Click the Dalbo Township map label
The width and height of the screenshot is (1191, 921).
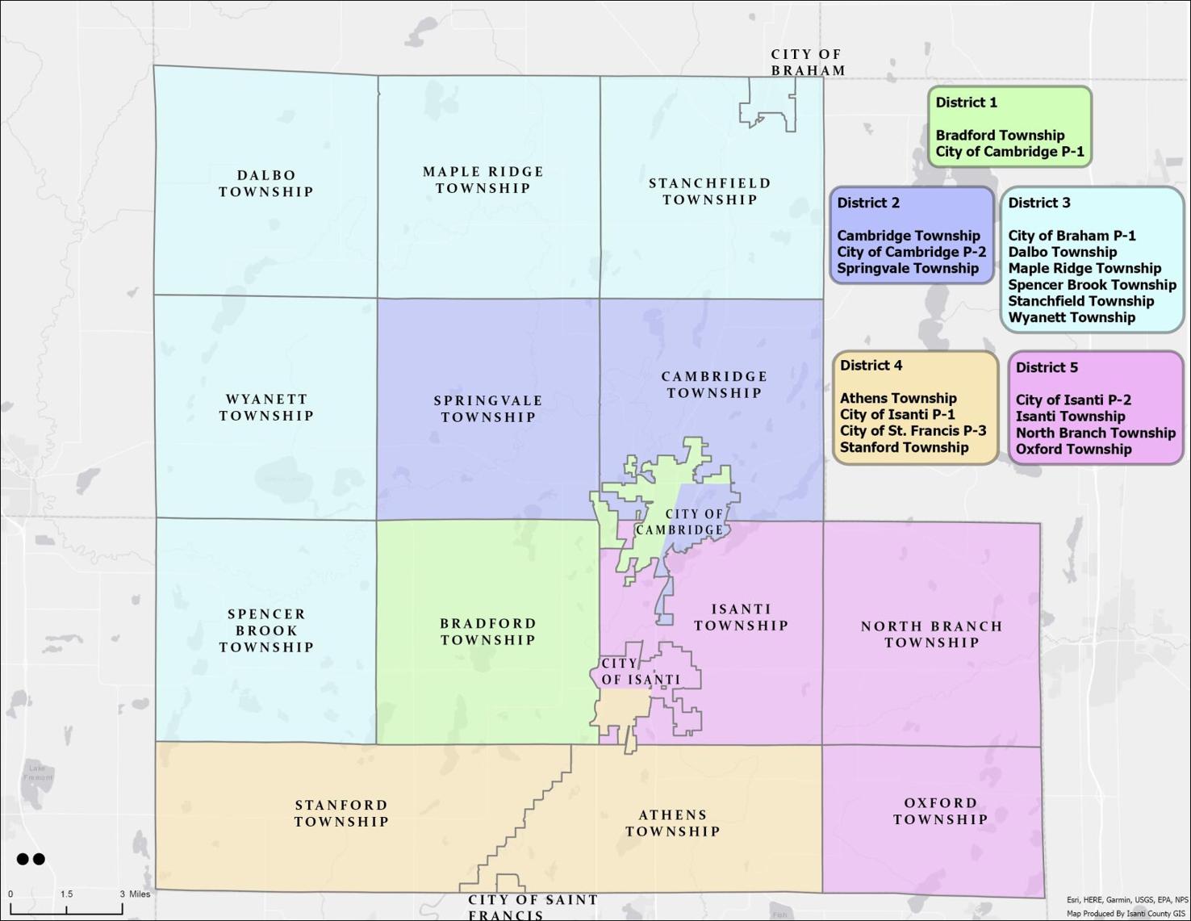click(x=266, y=183)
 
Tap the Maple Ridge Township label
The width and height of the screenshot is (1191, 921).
click(x=483, y=180)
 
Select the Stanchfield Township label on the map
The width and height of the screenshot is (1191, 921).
click(x=710, y=191)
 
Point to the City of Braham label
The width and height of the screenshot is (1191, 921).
click(x=807, y=62)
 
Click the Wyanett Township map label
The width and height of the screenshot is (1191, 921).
click(x=266, y=408)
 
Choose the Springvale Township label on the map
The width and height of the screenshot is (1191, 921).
click(x=488, y=408)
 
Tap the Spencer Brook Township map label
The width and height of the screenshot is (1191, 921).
click(x=266, y=630)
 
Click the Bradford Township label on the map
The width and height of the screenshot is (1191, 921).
click(x=488, y=631)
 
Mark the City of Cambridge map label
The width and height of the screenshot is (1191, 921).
click(x=682, y=522)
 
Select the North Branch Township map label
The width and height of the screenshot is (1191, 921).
click(x=931, y=634)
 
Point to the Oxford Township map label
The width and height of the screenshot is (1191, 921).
click(x=941, y=811)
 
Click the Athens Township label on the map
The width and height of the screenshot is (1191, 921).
click(x=672, y=823)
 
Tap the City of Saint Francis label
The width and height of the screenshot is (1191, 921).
click(x=533, y=907)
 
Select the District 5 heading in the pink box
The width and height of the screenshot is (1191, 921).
click(x=1046, y=368)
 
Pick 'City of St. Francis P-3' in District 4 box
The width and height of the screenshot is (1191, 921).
click(x=913, y=431)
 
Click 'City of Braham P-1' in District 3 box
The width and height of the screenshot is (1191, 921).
click(x=1072, y=236)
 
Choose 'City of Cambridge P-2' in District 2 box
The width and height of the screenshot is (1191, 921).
click(x=911, y=252)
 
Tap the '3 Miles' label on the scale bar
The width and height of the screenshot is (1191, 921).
click(x=135, y=894)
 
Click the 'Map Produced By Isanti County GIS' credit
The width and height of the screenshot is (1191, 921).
click(x=1126, y=914)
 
